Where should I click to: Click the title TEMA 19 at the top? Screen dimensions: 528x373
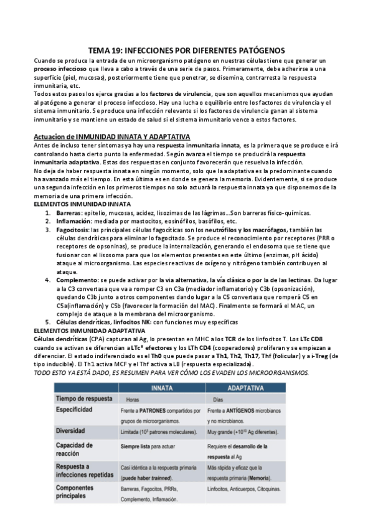pyautogui.click(x=186, y=50)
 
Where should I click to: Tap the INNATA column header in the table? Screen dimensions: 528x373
pyautogui.click(x=159, y=387)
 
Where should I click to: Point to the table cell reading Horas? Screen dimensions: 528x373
pyautogui.click(x=132, y=398)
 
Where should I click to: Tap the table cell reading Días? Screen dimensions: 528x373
pyautogui.click(x=218, y=398)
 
